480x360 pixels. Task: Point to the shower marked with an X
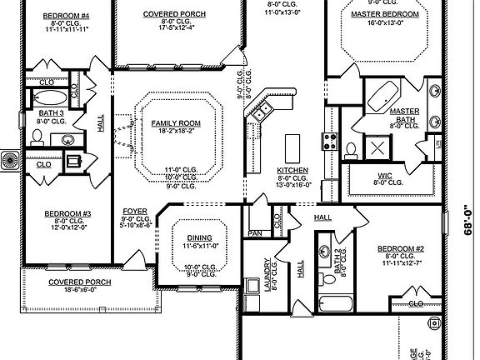(x=376, y=148)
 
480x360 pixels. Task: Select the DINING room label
(x=198, y=237)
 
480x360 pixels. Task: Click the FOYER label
(x=134, y=210)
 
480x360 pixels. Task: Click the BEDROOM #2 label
(x=401, y=248)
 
